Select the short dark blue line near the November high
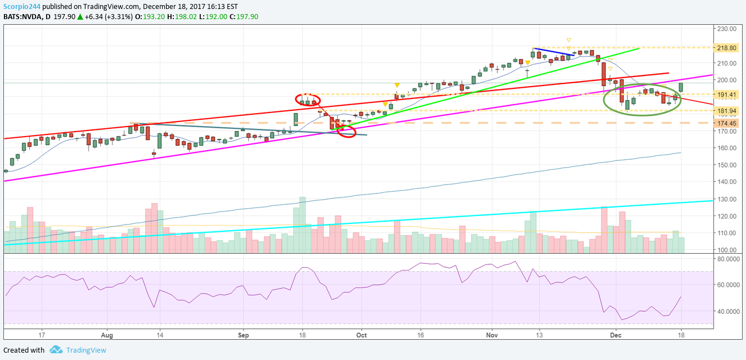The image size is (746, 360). [554, 52]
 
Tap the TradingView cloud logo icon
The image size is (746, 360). [56, 350]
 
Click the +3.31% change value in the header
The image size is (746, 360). [120, 16]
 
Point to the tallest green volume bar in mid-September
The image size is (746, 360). [302, 223]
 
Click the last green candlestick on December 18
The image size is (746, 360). [681, 87]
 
